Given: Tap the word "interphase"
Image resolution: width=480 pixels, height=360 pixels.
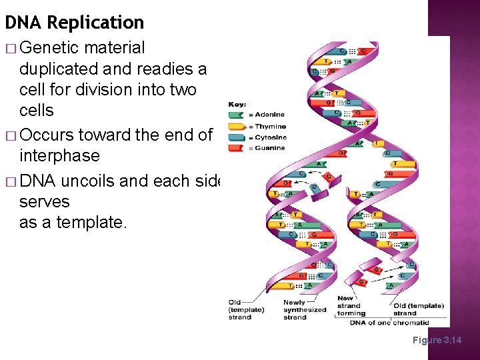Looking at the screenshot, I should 59,156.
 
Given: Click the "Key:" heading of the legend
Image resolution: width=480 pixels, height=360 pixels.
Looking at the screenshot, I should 237,105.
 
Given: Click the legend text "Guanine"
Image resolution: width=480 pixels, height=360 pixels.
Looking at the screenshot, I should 270,148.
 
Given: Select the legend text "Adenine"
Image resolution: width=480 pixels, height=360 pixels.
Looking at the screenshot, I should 270,115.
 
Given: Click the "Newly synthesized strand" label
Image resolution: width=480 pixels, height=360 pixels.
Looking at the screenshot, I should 305,309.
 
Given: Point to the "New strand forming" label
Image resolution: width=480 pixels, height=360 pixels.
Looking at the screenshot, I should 351,306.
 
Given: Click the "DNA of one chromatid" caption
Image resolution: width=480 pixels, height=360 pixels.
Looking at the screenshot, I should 390,323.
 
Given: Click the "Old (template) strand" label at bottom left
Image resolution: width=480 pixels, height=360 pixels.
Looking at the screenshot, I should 246,309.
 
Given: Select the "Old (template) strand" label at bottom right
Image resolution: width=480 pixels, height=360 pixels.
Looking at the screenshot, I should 418,309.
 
